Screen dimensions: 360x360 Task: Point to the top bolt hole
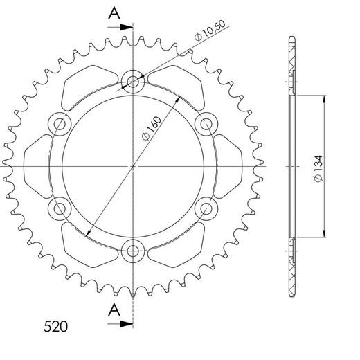click(x=132, y=82)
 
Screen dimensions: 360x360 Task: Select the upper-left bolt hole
click(x=60, y=125)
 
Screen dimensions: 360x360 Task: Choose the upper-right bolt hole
click(x=205, y=125)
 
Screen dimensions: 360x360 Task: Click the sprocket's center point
click(x=132, y=166)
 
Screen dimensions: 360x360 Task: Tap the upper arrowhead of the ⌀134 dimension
click(x=323, y=98)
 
